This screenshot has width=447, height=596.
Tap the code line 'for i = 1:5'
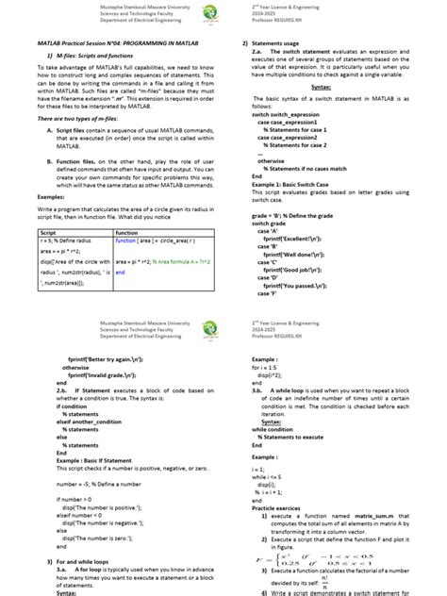266,368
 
